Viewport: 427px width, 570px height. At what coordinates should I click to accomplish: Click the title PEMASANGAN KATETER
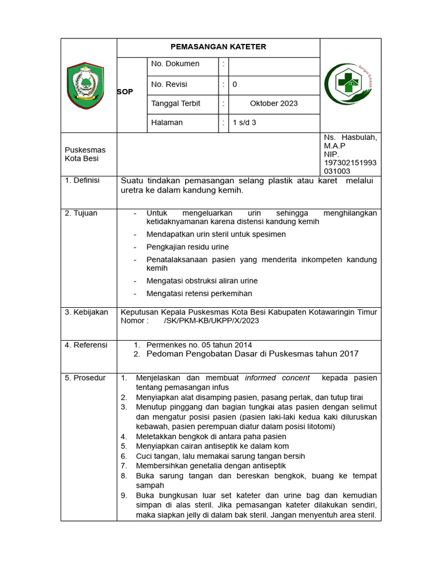click(x=218, y=47)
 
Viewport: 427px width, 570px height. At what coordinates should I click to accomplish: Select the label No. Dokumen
click(x=175, y=64)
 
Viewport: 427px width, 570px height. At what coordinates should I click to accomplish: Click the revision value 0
click(x=235, y=85)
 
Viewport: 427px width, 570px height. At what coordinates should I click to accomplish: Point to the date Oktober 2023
click(x=274, y=104)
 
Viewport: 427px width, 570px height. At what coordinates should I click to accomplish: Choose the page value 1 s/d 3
click(x=245, y=123)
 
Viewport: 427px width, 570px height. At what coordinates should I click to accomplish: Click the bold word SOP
click(x=125, y=92)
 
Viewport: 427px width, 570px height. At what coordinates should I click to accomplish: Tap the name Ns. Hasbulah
click(x=350, y=137)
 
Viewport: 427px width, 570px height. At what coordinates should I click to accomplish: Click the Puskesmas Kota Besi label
click(x=85, y=154)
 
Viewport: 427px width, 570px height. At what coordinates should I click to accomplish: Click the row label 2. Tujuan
click(x=81, y=213)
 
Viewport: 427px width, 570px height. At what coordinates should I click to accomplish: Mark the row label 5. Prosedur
click(x=85, y=378)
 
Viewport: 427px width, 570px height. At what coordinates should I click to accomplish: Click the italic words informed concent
click(x=277, y=378)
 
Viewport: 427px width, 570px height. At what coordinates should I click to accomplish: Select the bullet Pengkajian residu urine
click(x=187, y=247)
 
